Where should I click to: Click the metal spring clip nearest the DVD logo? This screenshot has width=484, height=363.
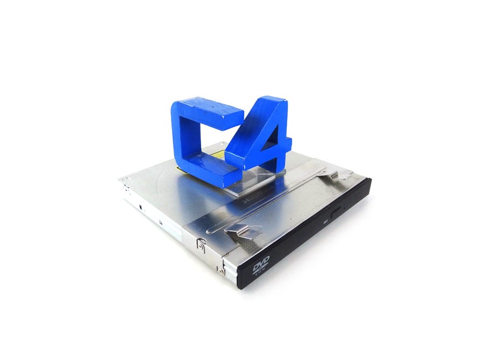[x=241, y=231]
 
